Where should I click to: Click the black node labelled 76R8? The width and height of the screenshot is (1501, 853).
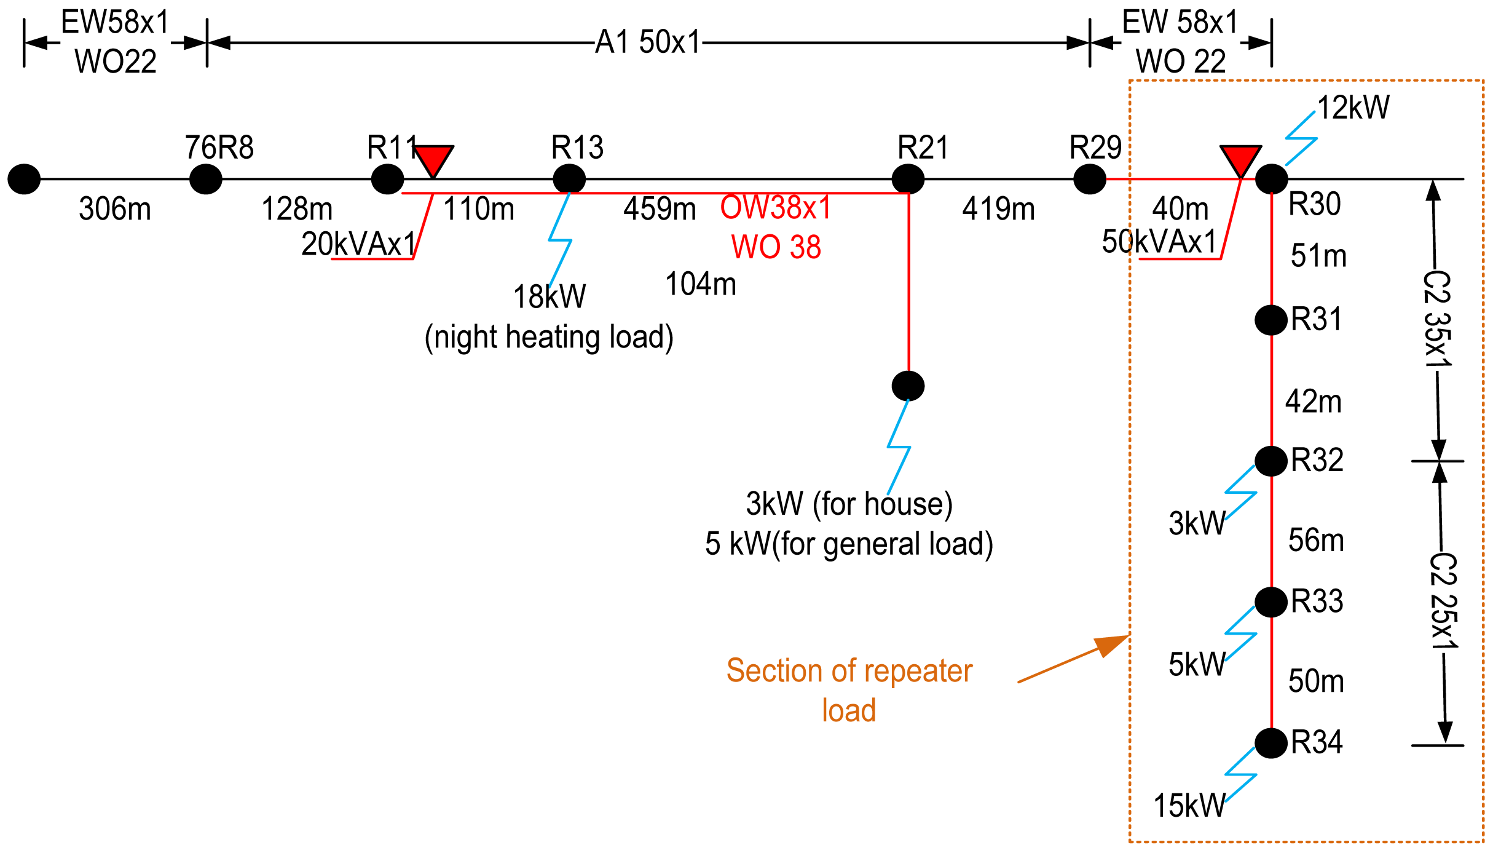[x=205, y=179]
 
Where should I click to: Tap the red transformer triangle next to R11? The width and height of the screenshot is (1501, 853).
[x=433, y=159]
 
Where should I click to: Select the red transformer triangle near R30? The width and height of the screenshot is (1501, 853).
[x=1240, y=159]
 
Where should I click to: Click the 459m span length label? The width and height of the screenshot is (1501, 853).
[x=659, y=208]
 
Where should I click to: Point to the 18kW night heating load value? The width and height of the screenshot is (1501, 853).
[x=550, y=296]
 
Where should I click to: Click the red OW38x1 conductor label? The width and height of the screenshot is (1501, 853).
[x=776, y=207]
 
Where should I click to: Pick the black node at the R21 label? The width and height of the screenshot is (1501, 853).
[x=908, y=179]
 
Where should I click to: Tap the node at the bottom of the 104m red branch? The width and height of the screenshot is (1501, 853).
[x=908, y=386]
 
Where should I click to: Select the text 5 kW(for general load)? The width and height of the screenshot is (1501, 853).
[x=848, y=544]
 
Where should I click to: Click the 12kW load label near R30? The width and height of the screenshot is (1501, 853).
[x=1353, y=108]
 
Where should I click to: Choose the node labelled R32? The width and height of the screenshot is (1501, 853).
[x=1271, y=461]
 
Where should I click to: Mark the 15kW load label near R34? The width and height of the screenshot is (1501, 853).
[x=1189, y=805]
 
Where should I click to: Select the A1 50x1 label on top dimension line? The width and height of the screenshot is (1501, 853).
[x=648, y=42]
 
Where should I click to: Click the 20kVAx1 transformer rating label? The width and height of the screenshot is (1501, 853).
[x=358, y=244]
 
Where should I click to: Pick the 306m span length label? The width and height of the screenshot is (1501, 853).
[x=115, y=208]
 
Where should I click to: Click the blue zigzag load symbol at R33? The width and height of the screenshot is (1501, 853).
[x=1240, y=633]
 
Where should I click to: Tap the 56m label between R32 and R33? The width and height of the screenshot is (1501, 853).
[x=1316, y=540]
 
